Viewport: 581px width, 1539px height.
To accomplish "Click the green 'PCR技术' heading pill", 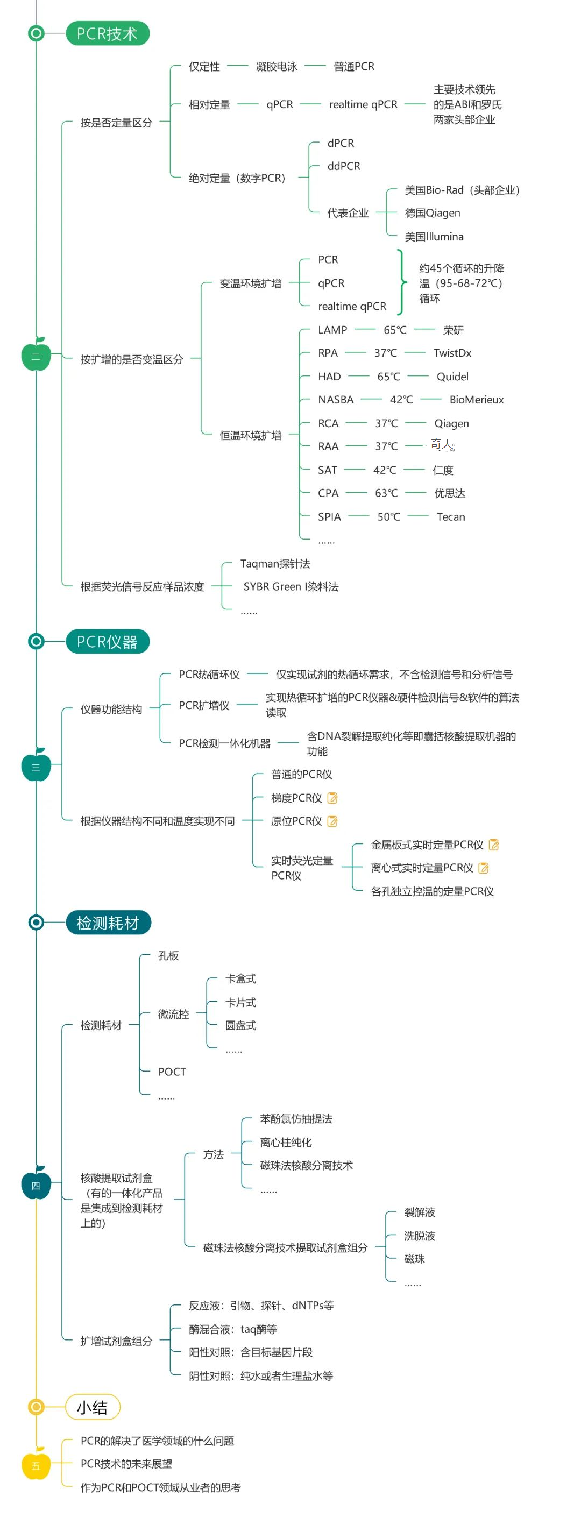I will click(x=107, y=33).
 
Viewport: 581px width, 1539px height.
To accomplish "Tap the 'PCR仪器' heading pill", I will click(x=107, y=642).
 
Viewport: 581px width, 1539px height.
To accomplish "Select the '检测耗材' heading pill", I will click(x=108, y=923).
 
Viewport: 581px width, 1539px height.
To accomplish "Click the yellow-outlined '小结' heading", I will click(x=93, y=1407).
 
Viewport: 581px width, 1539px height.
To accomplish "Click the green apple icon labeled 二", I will click(x=36, y=356).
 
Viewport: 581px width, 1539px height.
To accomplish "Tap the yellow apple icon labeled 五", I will click(x=36, y=1464).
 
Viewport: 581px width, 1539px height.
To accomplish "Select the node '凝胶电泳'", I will click(x=276, y=66).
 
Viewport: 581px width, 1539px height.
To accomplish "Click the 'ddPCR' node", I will click(x=344, y=166).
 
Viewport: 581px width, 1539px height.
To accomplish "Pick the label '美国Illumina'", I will click(x=434, y=237).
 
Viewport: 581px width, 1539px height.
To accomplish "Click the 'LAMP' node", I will click(x=332, y=330).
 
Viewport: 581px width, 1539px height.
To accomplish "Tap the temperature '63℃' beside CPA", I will click(x=386, y=493).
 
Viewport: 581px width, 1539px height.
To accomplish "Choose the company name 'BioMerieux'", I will click(x=477, y=400).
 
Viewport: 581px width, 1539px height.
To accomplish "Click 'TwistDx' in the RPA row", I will click(x=452, y=353).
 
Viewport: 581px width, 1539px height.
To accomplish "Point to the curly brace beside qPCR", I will click(x=402, y=282).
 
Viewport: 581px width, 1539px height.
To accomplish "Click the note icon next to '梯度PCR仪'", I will click(x=333, y=798).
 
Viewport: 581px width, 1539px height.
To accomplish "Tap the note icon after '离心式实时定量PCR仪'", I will click(x=484, y=868).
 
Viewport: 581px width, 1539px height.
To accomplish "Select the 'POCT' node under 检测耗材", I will click(x=172, y=1072).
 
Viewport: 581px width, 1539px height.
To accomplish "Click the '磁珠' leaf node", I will click(x=414, y=1259).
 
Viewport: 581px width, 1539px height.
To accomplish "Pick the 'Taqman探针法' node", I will click(x=275, y=563).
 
